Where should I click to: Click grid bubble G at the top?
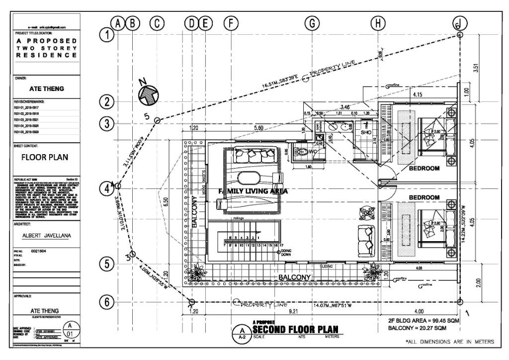312,23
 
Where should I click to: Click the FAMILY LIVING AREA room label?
254,191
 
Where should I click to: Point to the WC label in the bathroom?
314,151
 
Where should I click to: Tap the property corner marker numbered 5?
157,120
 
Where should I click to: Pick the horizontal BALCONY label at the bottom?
295,277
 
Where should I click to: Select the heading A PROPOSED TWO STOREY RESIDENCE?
46,48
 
